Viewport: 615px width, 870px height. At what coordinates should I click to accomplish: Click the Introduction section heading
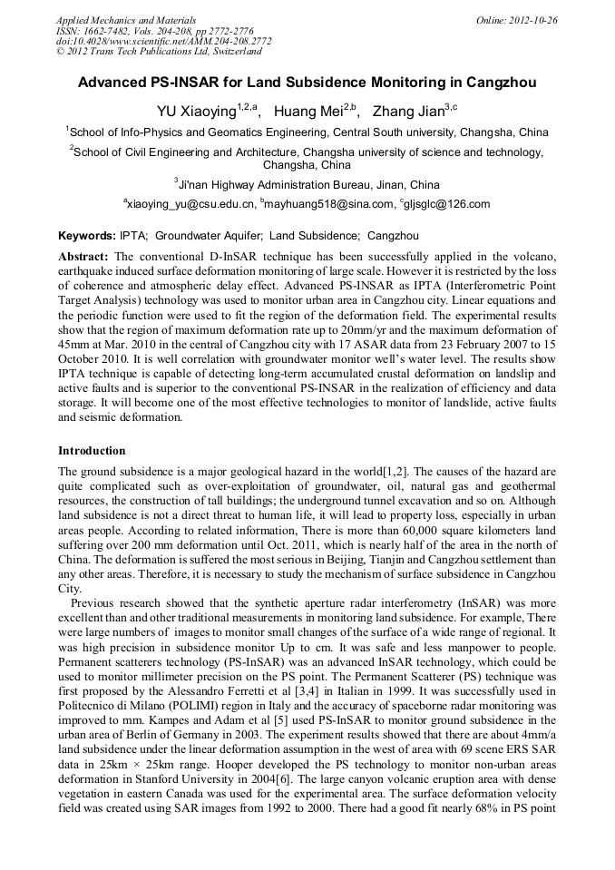pos(92,451)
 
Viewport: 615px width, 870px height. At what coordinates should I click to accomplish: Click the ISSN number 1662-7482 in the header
pos(106,30)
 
